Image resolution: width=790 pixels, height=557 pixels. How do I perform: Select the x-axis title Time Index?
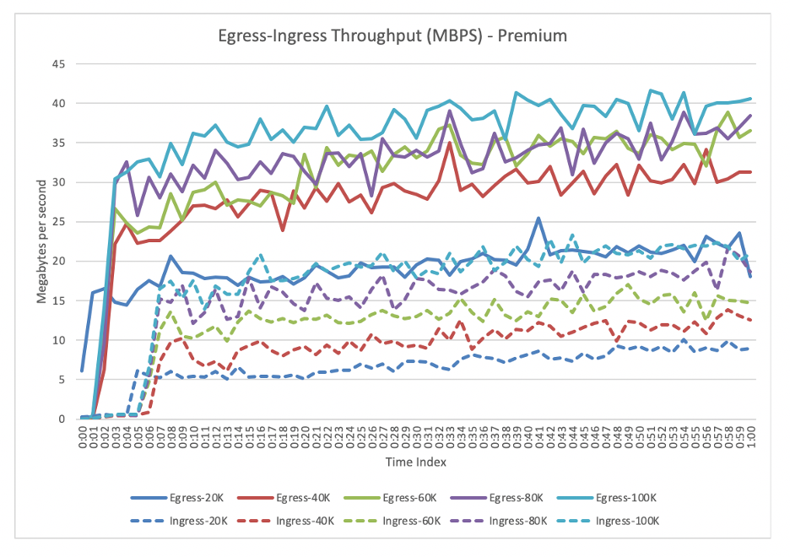pos(417,462)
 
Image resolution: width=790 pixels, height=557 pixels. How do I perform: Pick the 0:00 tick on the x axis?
pos(83,436)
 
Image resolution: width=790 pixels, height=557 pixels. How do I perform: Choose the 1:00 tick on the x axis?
pos(750,436)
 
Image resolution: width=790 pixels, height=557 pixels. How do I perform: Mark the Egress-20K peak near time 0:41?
pos(538,218)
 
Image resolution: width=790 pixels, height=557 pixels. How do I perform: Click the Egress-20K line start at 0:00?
pos(82,370)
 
